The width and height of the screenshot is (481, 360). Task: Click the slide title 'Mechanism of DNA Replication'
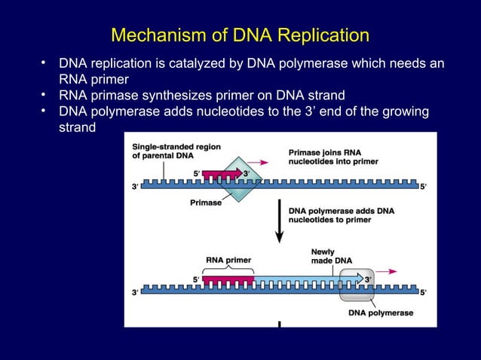(240, 35)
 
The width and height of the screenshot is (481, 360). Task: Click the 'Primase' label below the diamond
(207, 203)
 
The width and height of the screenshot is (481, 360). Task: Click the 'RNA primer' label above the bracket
(228, 260)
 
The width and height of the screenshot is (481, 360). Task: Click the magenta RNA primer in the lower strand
(228, 280)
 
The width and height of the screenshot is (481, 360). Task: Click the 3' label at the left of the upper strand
(134, 187)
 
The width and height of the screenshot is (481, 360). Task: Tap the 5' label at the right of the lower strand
(423, 292)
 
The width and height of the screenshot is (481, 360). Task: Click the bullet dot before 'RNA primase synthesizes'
(45, 95)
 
